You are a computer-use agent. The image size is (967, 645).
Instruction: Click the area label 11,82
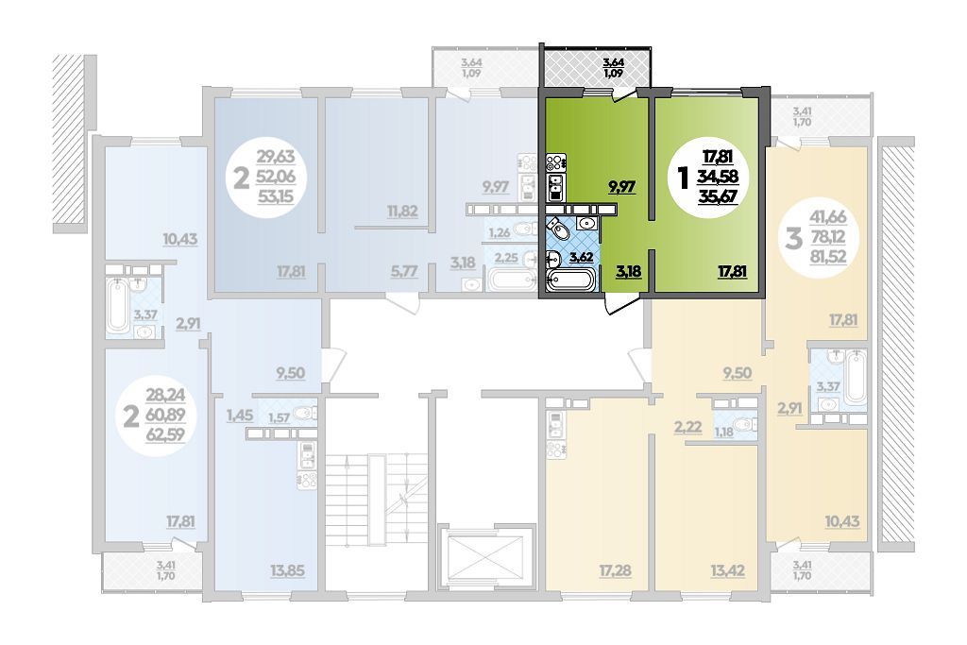(402, 211)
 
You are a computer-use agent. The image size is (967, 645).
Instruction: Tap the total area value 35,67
(718, 196)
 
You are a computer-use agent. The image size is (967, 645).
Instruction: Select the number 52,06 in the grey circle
(276, 177)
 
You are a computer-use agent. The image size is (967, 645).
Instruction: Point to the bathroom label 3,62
(581, 257)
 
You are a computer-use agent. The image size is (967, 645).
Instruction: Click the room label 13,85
(287, 571)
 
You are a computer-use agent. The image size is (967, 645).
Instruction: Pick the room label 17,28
(615, 571)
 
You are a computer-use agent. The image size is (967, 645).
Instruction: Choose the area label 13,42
(727, 571)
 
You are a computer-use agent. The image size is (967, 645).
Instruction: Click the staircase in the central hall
(376, 500)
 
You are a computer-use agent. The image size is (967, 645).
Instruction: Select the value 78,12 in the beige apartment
(827, 236)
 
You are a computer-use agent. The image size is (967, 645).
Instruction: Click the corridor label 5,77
(404, 271)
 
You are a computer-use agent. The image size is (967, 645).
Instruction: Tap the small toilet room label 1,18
(724, 432)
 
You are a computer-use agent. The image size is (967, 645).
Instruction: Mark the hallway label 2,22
(687, 426)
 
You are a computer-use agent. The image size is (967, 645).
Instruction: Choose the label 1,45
(239, 416)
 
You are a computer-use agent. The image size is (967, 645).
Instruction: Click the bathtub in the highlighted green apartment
(570, 281)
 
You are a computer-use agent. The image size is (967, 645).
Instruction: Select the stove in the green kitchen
(555, 162)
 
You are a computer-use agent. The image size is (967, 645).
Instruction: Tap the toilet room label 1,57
(279, 418)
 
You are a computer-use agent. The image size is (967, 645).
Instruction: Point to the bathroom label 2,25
(506, 257)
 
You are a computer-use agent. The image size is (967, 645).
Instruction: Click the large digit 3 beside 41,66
(793, 237)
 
